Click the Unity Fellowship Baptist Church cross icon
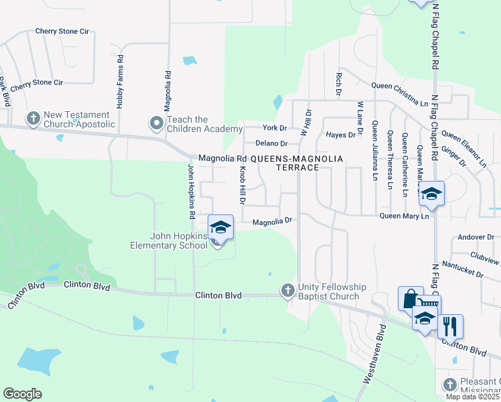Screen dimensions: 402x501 [x=288, y=290]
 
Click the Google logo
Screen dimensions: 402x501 [x=22, y=394]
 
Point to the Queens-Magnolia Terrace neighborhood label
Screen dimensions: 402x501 [x=297, y=163]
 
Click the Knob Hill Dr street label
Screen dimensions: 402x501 [x=242, y=186]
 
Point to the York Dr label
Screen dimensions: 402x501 [x=275, y=127]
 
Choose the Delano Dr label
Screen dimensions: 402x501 [x=271, y=143]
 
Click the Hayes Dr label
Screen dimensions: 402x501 [x=340, y=135]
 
